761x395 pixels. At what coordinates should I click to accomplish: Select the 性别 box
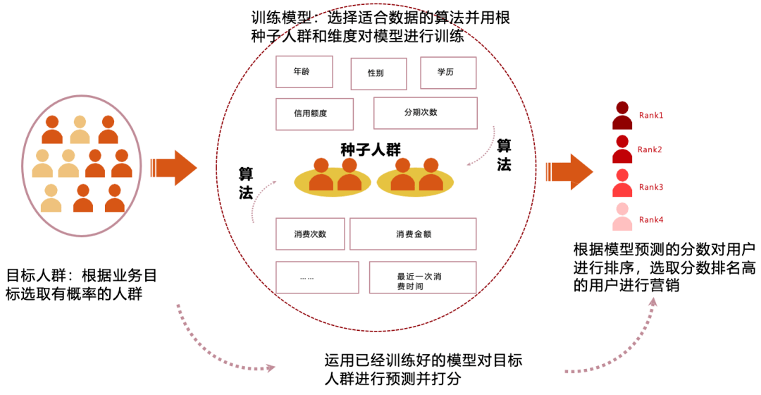(378, 74)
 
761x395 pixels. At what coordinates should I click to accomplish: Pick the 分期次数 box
(425, 113)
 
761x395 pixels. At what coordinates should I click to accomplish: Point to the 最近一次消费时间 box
(426, 278)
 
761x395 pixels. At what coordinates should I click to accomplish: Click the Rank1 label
(651, 115)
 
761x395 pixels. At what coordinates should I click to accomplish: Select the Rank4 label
(651, 220)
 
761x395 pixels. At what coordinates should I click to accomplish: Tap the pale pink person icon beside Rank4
(621, 217)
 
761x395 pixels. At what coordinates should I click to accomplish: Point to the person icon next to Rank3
(621, 183)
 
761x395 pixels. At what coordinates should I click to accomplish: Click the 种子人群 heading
(370, 150)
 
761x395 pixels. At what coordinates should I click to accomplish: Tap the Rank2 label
(650, 150)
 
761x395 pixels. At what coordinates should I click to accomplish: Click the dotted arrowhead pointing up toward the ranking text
(654, 302)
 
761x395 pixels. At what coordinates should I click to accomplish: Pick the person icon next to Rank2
(621, 150)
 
